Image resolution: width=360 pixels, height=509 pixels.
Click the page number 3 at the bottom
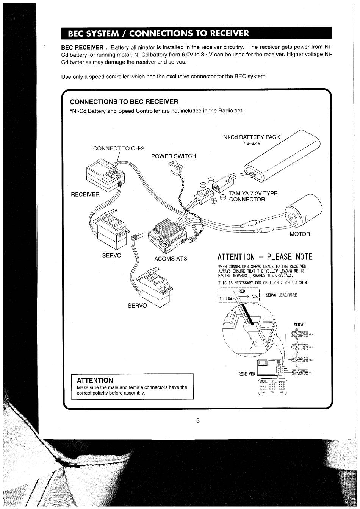click(x=198, y=420)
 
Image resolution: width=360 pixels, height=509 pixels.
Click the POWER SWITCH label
click(x=174, y=156)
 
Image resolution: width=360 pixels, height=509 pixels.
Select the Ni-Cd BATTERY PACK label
click(x=252, y=137)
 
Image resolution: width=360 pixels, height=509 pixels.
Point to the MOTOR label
click(x=300, y=234)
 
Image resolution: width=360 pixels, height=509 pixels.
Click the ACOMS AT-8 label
click(x=171, y=259)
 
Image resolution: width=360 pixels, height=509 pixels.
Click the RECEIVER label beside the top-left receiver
click(x=85, y=194)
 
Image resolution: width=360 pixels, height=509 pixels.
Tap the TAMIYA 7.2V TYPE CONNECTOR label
click(x=253, y=196)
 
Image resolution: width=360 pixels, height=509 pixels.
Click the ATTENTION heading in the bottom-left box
click(x=95, y=380)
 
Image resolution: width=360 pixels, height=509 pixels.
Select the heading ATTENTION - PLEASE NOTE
click(x=265, y=257)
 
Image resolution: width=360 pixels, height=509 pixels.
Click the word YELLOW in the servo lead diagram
click(x=226, y=298)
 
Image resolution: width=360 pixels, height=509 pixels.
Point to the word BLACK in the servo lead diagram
click(x=252, y=297)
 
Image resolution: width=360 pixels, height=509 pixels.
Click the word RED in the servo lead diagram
click(x=242, y=291)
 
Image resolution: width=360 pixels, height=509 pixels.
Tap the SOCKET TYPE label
click(x=268, y=381)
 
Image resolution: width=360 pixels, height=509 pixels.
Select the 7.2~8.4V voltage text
click(x=252, y=144)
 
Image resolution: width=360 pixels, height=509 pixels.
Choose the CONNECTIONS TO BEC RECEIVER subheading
click(x=124, y=101)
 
